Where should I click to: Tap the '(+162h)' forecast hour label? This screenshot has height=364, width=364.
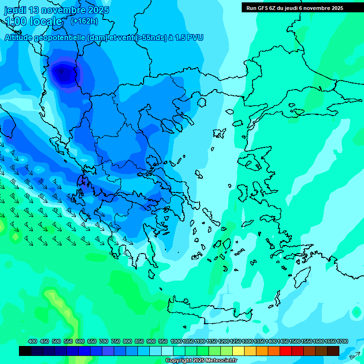click(x=84, y=21)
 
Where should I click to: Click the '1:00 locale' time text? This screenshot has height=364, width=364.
click(x=33, y=21)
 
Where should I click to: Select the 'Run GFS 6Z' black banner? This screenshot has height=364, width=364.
click(x=295, y=8)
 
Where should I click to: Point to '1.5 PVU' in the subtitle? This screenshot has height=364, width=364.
click(x=188, y=37)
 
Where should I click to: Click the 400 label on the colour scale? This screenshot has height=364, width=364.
click(x=33, y=341)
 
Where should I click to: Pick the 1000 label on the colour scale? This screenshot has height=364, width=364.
click(x=176, y=341)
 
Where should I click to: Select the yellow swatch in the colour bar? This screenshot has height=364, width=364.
click(x=238, y=351)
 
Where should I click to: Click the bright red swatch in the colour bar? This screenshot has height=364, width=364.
click(x=286, y=351)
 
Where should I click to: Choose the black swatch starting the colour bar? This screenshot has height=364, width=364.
click(x=25, y=351)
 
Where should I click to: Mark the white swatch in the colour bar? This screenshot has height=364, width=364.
click(x=167, y=351)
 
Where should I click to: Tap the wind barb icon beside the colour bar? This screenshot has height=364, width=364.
click(x=355, y=355)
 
